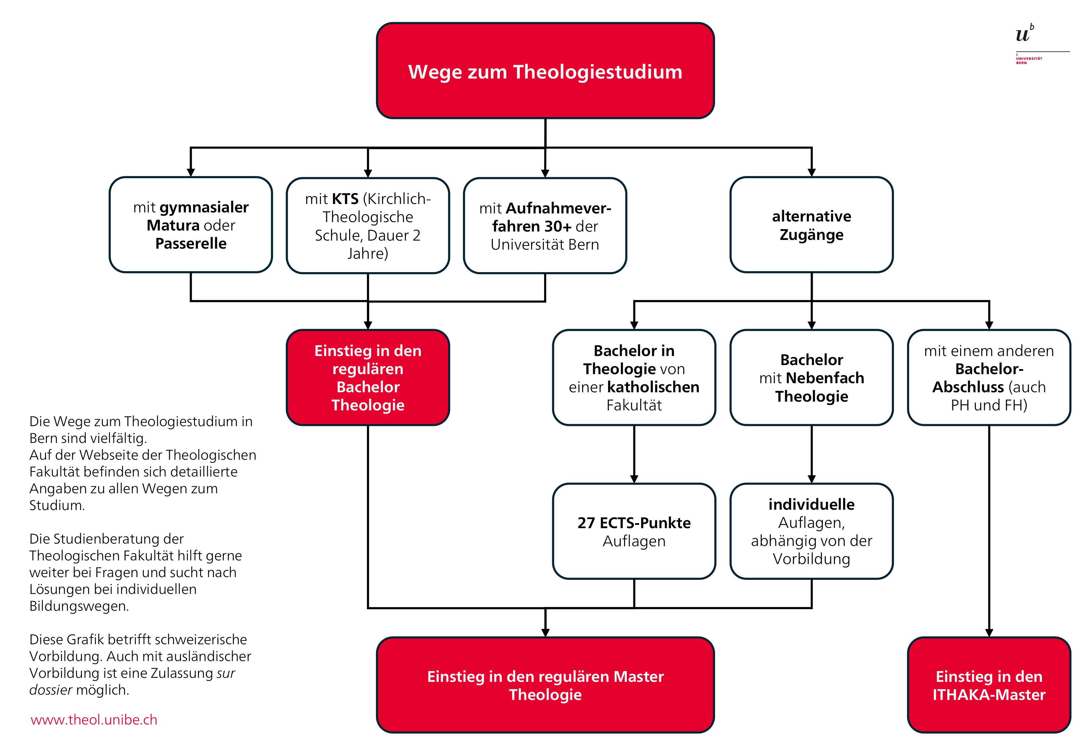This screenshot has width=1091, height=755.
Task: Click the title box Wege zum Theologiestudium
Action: point(545,71)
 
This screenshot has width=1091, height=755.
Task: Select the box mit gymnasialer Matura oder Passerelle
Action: point(191,225)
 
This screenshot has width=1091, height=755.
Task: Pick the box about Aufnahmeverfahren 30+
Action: point(545,225)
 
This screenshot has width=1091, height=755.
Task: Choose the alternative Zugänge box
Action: point(811,225)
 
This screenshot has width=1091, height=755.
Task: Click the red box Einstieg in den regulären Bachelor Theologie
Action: point(368,377)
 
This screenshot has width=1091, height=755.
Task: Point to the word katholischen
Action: point(653,387)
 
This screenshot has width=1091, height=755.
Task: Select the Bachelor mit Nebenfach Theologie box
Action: point(811,377)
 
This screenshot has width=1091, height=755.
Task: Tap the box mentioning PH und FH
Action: point(989,377)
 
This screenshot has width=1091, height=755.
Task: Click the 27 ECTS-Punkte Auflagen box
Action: point(634,531)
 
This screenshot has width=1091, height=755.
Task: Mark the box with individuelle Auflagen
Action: point(811,531)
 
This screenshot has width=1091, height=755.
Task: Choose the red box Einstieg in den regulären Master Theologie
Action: point(545,685)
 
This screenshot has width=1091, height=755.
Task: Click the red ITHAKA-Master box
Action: point(989,685)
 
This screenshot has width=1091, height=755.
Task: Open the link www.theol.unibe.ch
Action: point(94,720)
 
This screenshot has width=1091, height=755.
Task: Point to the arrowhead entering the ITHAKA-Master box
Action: point(989,633)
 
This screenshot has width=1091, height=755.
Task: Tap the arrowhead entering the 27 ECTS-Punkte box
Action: point(634,479)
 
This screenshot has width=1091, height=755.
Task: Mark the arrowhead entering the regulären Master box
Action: point(545,633)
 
